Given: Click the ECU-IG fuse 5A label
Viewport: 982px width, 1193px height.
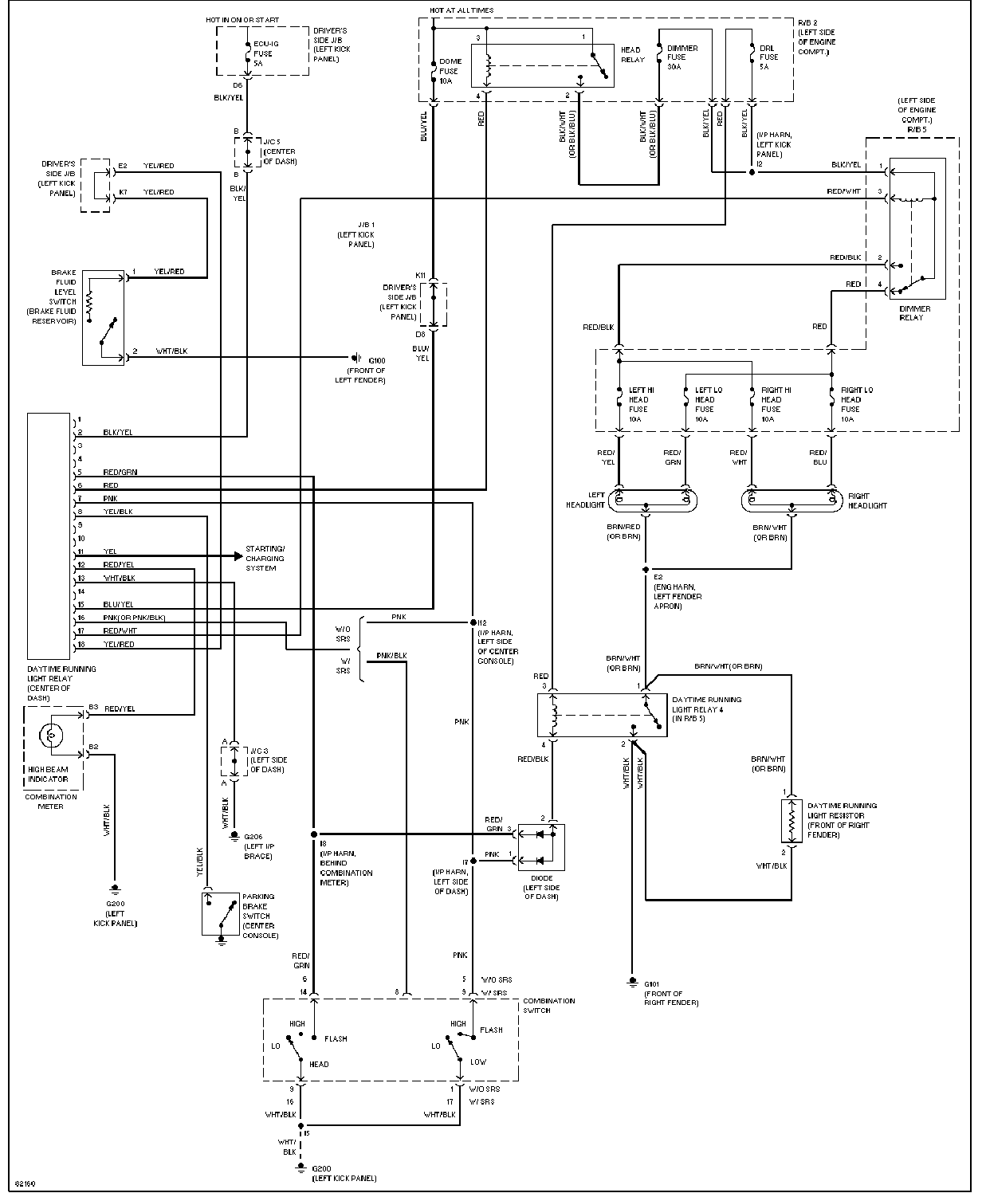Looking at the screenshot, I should click(x=263, y=53).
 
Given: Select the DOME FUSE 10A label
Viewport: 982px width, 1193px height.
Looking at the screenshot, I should click(x=449, y=71).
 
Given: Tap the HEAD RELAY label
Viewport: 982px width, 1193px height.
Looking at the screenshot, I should click(x=632, y=55).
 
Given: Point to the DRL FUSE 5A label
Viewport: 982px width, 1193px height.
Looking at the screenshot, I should click(x=769, y=57).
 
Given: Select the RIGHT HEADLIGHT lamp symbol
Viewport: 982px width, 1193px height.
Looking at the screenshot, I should click(x=791, y=500).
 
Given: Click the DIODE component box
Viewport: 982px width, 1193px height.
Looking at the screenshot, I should click(x=541, y=847).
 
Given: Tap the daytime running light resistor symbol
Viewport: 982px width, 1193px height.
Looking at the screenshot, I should click(x=791, y=821).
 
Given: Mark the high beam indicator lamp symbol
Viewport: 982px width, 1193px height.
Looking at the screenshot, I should click(x=54, y=734).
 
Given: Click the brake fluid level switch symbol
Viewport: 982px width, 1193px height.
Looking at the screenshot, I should click(x=103, y=317).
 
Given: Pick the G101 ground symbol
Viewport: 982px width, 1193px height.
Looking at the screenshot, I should click(x=632, y=980).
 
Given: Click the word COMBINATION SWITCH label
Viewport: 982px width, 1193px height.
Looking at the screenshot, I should click(x=548, y=1006).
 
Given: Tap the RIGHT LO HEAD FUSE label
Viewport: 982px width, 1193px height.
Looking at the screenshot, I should click(x=856, y=405).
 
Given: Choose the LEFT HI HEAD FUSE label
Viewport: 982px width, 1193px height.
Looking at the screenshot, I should click(x=642, y=405).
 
